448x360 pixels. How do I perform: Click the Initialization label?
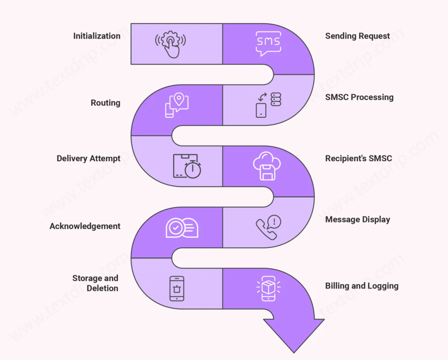click(97, 36)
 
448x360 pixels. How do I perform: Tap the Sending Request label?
click(357, 36)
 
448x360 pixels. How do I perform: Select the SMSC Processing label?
click(359, 97)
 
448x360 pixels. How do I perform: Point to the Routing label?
click(105, 103)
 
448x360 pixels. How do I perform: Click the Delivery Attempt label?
click(88, 158)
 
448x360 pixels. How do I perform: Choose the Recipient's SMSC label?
click(358, 158)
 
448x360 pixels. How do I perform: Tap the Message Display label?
click(357, 219)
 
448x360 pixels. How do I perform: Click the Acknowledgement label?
click(85, 226)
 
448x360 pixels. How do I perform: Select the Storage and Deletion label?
click(95, 283)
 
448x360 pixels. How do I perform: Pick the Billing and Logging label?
click(362, 286)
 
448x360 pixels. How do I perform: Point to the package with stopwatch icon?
click(186, 166)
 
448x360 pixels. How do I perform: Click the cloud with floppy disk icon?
click(267, 166)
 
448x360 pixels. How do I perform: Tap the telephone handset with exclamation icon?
click(268, 227)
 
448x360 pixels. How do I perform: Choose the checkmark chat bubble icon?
click(182, 228)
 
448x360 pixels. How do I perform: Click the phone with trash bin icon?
click(177, 288)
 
